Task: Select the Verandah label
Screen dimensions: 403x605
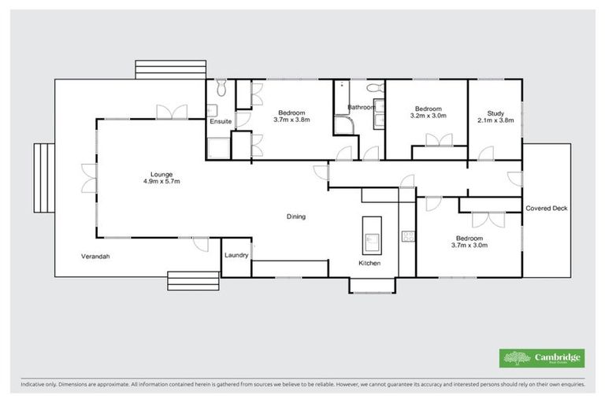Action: pos(95,257)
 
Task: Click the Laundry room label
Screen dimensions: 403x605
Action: pos(236,256)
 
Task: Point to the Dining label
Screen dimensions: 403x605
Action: pos(295,216)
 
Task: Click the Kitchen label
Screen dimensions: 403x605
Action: pos(369,263)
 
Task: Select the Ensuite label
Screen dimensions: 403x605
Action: pos(220,121)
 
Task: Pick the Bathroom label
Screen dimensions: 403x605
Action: pos(361,107)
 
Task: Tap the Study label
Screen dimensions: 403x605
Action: pos(495,113)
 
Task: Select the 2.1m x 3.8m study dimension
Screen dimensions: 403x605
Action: pos(495,120)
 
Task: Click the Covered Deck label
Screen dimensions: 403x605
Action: pos(546,208)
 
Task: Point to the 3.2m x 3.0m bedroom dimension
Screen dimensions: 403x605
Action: pos(429,116)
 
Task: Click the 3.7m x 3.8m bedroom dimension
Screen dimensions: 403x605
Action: pos(291,120)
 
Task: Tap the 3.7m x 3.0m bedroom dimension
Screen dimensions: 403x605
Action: pos(469,245)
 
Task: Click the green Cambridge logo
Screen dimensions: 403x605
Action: pos(542,357)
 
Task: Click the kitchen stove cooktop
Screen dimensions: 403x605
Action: pos(408,235)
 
